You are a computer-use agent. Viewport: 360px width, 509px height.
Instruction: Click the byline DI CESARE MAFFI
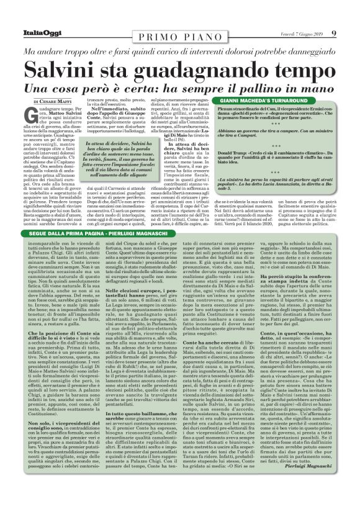click(56, 102)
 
